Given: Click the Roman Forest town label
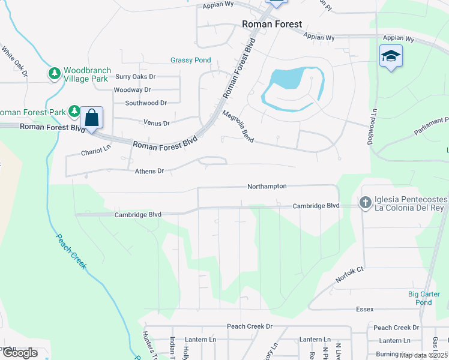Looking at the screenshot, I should (x=271, y=25).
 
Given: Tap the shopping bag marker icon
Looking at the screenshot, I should (x=92, y=117).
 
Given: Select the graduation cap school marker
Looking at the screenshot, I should (x=391, y=56).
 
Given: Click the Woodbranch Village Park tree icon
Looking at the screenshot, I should (x=55, y=73).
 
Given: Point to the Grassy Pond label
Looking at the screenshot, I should (x=190, y=60).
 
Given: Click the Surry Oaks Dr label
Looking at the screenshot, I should (x=135, y=77).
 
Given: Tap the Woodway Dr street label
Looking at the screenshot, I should (x=132, y=90).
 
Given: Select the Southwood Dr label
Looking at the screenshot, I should (x=145, y=103).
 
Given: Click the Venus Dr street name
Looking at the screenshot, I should (x=157, y=123).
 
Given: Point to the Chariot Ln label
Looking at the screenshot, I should (x=97, y=152).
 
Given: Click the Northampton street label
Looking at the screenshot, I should (x=267, y=187).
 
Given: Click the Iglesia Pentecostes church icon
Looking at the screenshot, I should (x=365, y=203).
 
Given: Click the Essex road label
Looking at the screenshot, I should (x=364, y=309).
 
